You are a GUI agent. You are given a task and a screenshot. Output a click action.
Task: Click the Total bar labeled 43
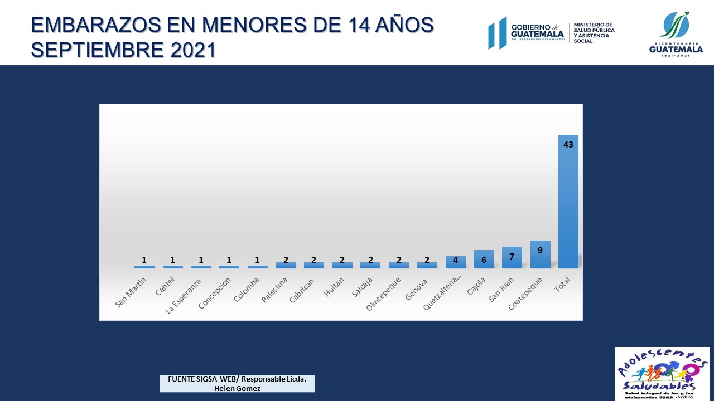pos(568,202)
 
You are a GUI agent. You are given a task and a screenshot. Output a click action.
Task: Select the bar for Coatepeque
pos(540,255)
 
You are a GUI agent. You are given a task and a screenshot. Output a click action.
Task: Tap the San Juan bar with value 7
pos(512,258)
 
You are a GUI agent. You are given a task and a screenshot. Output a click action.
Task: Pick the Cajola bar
pos(484,260)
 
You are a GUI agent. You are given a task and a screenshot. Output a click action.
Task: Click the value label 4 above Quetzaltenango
pos(455,260)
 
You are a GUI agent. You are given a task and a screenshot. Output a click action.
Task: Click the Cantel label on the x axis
pos(165,287)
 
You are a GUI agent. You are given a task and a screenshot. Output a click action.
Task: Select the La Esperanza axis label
pos(184,296)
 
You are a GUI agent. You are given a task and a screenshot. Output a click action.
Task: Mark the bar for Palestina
pos(286,265)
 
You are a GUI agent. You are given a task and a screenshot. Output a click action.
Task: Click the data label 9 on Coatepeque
pos(540,250)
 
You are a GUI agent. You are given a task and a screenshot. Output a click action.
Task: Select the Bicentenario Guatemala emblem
pos(676,33)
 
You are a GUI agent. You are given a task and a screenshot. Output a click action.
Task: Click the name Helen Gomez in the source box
pos(237,388)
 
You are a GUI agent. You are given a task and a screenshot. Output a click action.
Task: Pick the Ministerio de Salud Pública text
pos(594,33)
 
